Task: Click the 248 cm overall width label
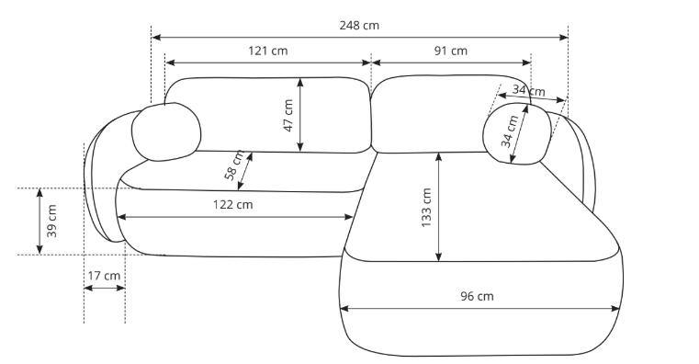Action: pyautogui.click(x=359, y=26)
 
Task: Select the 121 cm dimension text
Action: pyautogui.click(x=268, y=51)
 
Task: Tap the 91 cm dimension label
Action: pyautogui.click(x=451, y=51)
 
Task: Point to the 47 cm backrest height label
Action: pyautogui.click(x=288, y=116)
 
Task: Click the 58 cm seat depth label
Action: pyautogui.click(x=234, y=165)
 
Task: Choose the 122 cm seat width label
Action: pyautogui.click(x=232, y=205)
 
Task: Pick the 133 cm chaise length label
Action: pyautogui.click(x=426, y=208)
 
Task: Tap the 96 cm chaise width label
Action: pyautogui.click(x=477, y=296)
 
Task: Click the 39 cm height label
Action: pyautogui.click(x=52, y=222)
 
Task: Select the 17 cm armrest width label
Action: pyautogui.click(x=104, y=276)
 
